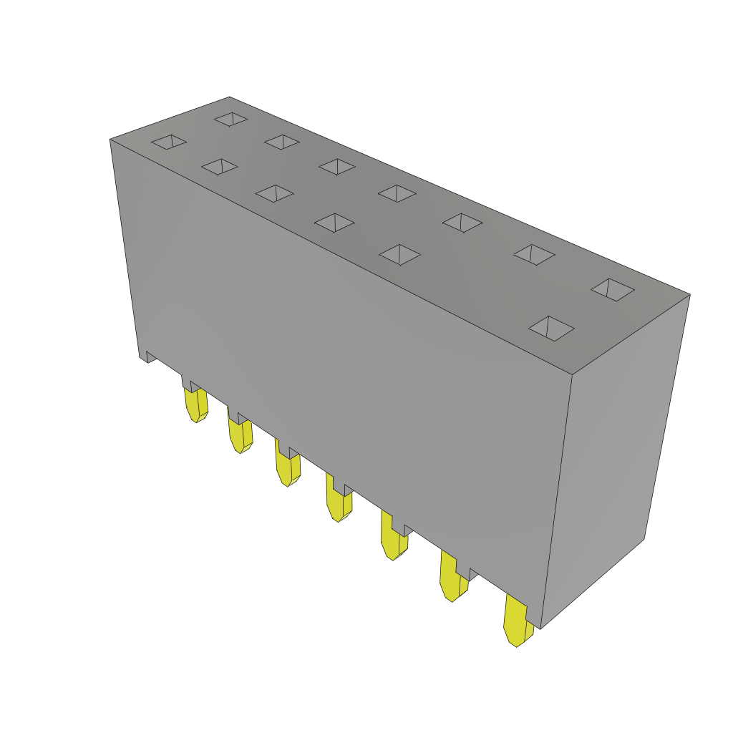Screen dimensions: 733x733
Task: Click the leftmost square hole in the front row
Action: coord(169,142)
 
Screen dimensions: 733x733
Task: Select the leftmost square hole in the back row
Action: coord(230,119)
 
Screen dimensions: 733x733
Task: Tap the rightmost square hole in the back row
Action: coord(613,289)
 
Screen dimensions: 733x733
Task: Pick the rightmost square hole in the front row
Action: coord(551,328)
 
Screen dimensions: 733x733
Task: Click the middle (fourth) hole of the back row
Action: coord(397,193)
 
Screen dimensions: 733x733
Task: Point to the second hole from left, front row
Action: coord(220,167)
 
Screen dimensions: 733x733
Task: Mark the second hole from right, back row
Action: coord(534,254)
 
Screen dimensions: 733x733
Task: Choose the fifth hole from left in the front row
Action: coord(399,254)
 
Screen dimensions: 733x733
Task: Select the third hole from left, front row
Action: coord(274,193)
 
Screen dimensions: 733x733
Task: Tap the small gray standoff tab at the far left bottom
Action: coord(150,356)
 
